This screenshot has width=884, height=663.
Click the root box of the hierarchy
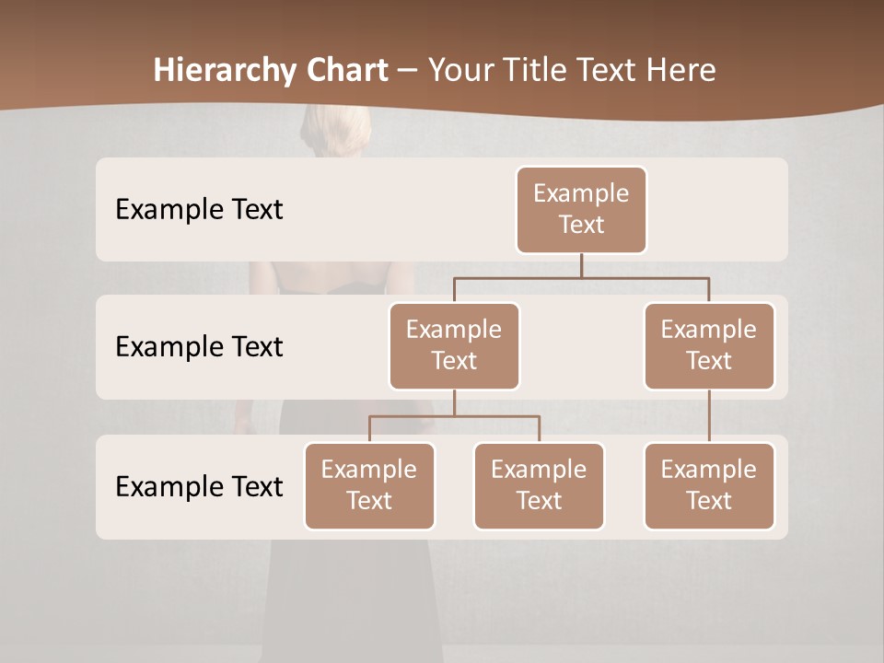(x=581, y=209)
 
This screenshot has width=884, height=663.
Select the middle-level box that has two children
(x=454, y=345)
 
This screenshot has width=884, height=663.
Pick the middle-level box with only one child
(x=709, y=345)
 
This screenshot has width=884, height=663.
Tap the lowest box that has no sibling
(x=709, y=485)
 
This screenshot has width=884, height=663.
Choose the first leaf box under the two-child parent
(x=369, y=485)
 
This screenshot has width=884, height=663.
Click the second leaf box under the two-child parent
(x=539, y=485)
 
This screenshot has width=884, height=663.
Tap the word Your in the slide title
(x=461, y=71)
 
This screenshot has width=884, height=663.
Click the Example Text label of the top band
(x=199, y=209)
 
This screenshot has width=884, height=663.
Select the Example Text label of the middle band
(x=199, y=346)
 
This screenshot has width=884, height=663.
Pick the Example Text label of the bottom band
(x=199, y=486)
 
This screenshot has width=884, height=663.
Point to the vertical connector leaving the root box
(x=581, y=265)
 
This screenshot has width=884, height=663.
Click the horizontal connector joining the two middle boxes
(x=581, y=277)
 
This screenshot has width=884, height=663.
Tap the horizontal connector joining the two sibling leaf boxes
(x=454, y=416)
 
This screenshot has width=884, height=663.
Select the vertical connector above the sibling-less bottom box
(x=709, y=416)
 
